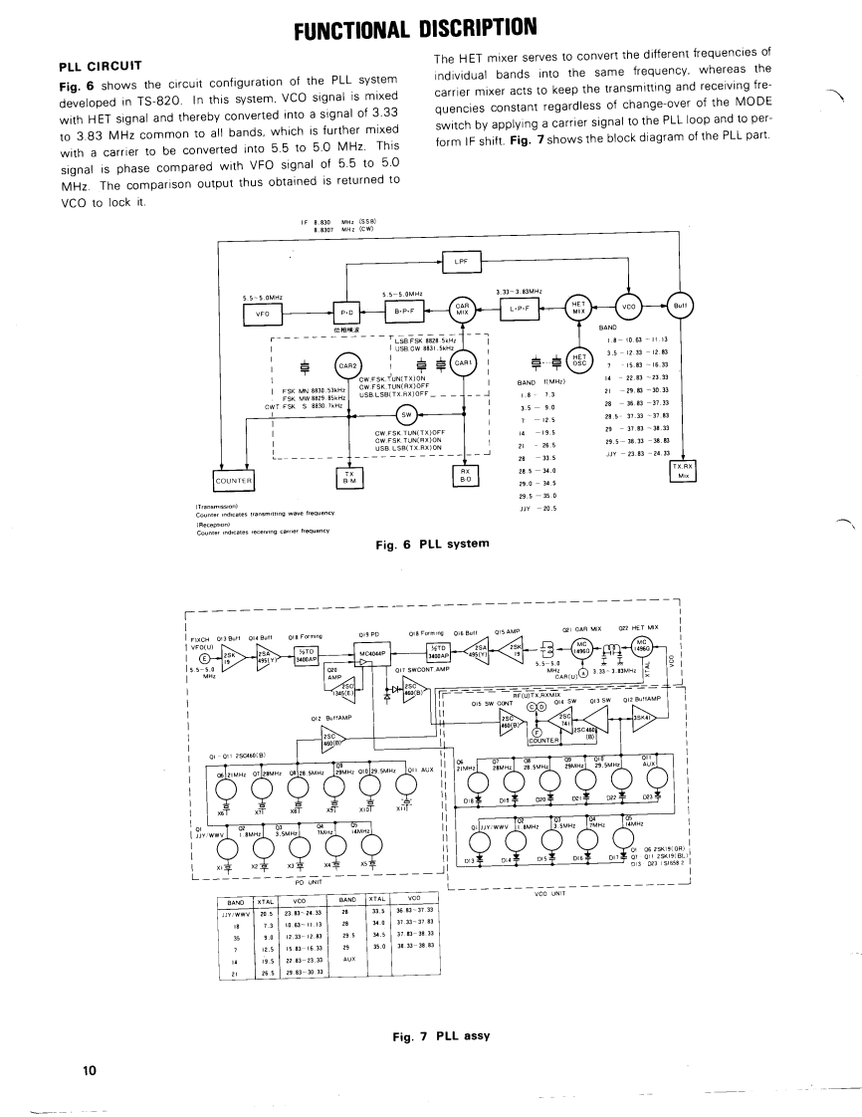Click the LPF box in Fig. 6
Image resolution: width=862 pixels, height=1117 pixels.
pos(461,262)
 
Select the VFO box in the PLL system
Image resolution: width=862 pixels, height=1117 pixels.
pos(263,312)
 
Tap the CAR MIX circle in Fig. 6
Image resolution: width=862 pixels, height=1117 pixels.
pos(462,310)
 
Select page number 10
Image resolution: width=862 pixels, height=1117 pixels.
pos(90,1070)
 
